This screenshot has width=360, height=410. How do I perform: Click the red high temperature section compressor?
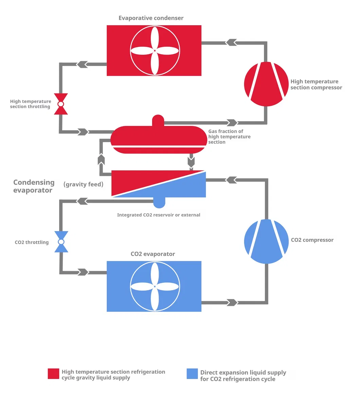pyautogui.click(x=266, y=84)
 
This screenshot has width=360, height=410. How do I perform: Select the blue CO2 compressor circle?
pyautogui.click(x=266, y=241)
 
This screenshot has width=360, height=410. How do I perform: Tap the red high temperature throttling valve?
pyautogui.click(x=61, y=104)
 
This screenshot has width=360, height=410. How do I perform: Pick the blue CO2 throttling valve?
pyautogui.click(x=61, y=242)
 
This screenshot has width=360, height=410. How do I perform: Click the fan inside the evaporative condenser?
pyautogui.click(x=155, y=51)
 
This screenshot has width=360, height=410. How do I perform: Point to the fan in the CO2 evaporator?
pyautogui.click(x=155, y=286)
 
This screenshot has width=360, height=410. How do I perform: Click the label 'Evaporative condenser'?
pyautogui.click(x=151, y=18)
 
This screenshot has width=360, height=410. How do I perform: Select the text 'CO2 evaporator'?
pyautogui.click(x=153, y=254)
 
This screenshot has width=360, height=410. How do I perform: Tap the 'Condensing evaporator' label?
pyautogui.click(x=34, y=186)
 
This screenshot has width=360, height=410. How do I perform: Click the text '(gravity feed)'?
pyautogui.click(x=83, y=184)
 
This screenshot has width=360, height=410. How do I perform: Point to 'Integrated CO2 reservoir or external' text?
pyautogui.click(x=159, y=215)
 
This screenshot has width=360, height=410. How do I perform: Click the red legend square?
pyautogui.click(x=53, y=374)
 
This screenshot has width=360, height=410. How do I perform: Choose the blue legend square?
pyautogui.click(x=192, y=374)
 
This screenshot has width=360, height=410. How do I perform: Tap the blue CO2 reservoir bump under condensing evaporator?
pyautogui.click(x=159, y=202)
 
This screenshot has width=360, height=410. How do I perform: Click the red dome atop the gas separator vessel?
pyautogui.click(x=158, y=120)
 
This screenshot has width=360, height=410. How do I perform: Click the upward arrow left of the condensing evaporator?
pyautogui.click(x=101, y=159)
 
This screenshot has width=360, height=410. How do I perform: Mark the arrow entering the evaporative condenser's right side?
pyautogui.click(x=231, y=42)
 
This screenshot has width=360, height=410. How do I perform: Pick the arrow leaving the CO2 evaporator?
pyautogui.click(x=232, y=303)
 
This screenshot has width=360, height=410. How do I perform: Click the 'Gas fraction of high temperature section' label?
pyautogui.click(x=229, y=137)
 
